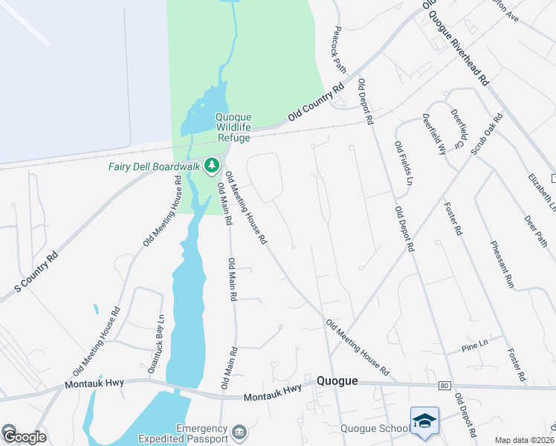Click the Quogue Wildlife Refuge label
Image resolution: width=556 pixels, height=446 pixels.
(233, 127)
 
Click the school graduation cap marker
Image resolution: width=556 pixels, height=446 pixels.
(424, 421)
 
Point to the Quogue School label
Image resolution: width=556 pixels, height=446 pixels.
(375, 428)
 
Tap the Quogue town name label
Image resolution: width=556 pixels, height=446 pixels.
(337, 381)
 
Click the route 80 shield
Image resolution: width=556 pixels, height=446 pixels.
(445, 386)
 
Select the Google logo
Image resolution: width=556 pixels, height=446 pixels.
(24, 436)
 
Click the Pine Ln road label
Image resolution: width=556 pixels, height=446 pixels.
(473, 346)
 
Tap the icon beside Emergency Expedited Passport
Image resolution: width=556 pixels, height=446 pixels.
(239, 432)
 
